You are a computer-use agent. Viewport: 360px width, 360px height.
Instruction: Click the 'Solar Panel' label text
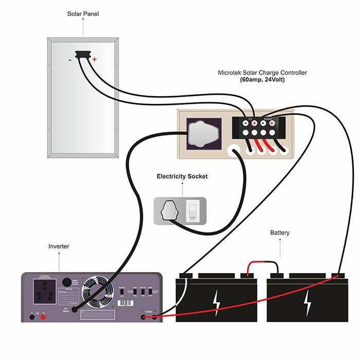pos(83,14)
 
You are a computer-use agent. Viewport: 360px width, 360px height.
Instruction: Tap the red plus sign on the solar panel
pos(94,60)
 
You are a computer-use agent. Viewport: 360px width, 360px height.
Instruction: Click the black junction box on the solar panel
pos(81,54)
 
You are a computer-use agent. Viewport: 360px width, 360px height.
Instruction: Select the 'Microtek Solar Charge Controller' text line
pos(262,73)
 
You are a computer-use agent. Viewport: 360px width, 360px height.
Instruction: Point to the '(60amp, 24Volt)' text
pos(262,80)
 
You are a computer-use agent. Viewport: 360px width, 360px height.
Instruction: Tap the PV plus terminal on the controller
pos(255,123)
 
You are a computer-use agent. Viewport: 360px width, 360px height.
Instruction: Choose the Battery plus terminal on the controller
pos(272,123)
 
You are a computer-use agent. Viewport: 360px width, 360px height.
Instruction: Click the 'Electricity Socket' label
pos(182,176)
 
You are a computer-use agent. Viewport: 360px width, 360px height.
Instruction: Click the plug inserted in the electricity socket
pos(170,210)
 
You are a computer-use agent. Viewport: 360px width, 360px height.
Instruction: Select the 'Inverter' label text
pos(59,246)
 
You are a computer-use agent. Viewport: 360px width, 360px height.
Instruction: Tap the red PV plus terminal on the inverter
pos(43,317)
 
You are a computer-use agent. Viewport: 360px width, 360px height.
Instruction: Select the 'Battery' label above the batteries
pos(280,233)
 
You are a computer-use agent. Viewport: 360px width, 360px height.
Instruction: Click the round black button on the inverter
pos(66,282)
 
